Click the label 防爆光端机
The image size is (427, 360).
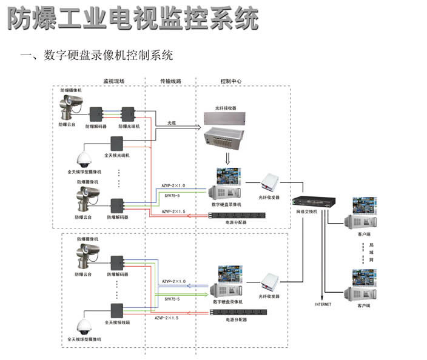point(129,126)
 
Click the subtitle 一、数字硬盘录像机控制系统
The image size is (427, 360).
point(97,56)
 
